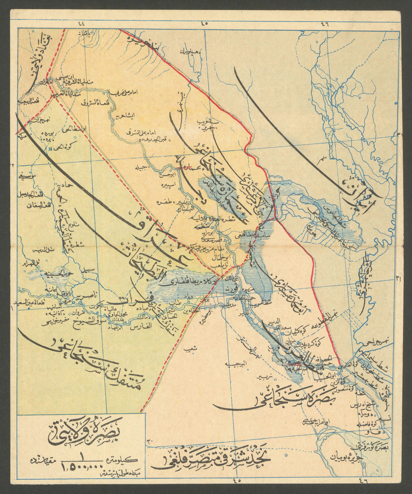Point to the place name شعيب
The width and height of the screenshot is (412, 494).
pos(190,349)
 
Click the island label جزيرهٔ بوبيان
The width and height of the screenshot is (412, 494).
pos(346,457)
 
